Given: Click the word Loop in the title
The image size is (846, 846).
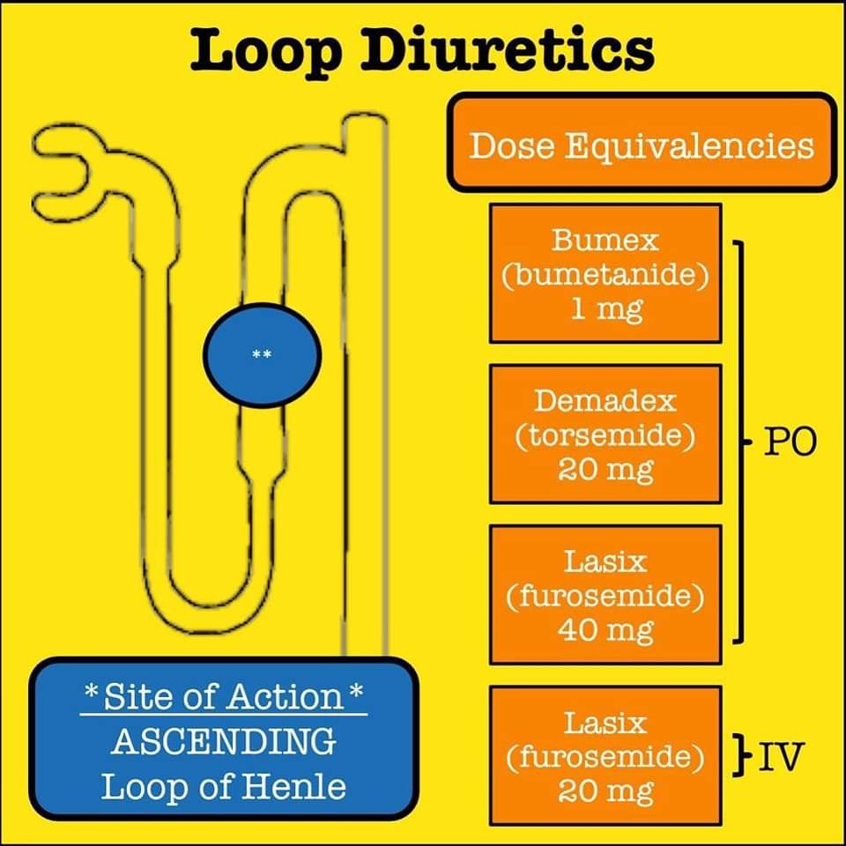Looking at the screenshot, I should [266, 50].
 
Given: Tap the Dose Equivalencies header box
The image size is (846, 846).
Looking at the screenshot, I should [641, 143].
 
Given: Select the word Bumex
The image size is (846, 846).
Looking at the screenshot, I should [605, 239].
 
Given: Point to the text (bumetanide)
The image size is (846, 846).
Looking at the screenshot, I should [605, 274].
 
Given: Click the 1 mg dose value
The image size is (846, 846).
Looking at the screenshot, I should [605, 309].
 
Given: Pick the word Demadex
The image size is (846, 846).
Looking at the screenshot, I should [605, 400].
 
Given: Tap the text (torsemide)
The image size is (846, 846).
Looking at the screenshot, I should [605, 434].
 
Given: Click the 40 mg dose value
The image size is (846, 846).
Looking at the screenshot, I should [605, 630].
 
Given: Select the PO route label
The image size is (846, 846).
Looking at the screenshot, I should [790, 442].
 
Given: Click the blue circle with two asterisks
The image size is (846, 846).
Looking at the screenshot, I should [262, 355].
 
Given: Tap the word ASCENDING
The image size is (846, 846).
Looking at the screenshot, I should [223, 741].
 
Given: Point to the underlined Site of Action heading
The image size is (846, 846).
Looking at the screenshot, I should [223, 696].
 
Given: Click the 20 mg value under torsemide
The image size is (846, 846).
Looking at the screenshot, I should [605, 470].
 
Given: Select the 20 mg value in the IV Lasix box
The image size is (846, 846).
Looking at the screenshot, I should [605, 790].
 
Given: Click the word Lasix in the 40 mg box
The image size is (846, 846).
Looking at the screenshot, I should [605, 560].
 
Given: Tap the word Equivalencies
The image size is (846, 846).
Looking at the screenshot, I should [690, 144].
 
